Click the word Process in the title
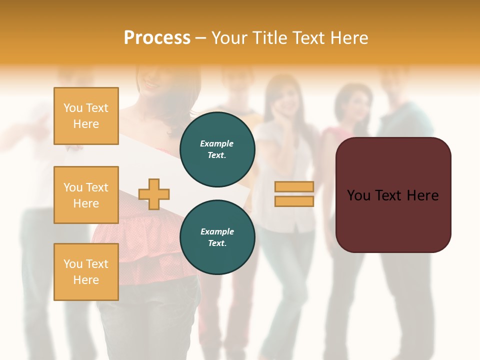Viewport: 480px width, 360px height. [x=157, y=38]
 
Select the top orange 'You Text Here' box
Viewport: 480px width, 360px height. [x=86, y=116]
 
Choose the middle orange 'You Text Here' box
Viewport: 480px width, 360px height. [x=86, y=195]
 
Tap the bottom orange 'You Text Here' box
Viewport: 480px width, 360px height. [x=86, y=271]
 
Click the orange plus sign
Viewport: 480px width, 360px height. [x=154, y=194]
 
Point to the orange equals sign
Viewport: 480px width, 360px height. [x=294, y=194]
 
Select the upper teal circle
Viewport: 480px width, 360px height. [x=217, y=149]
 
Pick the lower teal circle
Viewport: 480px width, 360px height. [x=217, y=237]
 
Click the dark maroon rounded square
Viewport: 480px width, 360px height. [x=393, y=195]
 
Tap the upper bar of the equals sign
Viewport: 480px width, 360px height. [x=294, y=187]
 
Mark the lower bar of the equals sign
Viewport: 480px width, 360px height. [x=294, y=201]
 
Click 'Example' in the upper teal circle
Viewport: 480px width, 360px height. [x=217, y=143]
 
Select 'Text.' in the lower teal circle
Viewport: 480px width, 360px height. [x=217, y=243]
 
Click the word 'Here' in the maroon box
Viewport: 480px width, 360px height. [x=422, y=195]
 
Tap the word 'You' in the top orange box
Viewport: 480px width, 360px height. [x=73, y=108]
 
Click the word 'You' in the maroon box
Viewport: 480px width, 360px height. [x=358, y=195]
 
